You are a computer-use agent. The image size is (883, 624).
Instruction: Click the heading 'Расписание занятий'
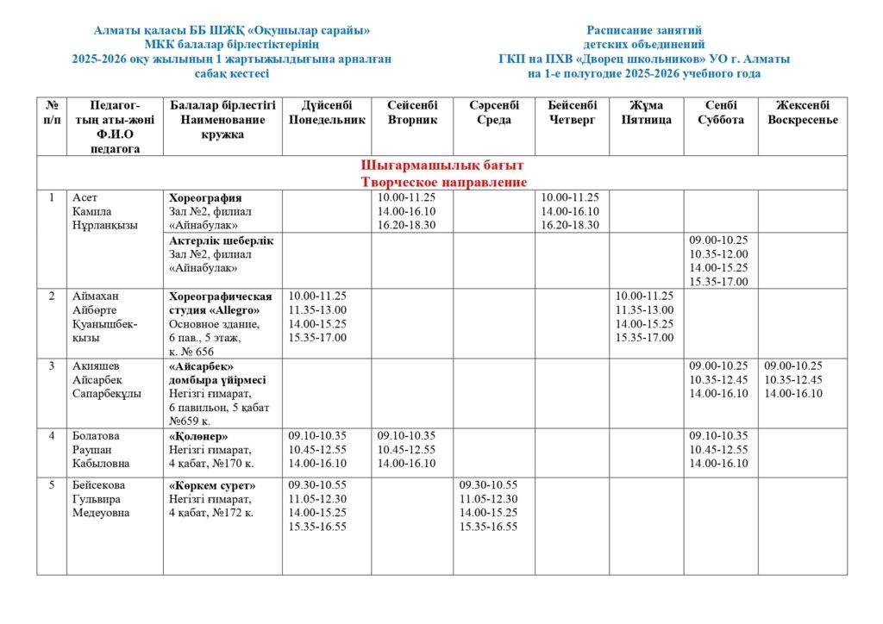pos(643,30)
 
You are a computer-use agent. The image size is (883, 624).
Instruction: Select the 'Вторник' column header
pos(413,120)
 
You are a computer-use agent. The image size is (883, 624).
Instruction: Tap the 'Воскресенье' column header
pos(802,120)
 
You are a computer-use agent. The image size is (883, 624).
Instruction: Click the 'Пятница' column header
pos(646,120)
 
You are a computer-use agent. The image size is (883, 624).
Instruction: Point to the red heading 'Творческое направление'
pos(442,182)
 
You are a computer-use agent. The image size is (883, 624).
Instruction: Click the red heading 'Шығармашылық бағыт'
pos(442,165)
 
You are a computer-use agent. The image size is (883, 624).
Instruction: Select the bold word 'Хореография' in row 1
pos(205,198)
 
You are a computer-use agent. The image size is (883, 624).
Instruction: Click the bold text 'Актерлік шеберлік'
pos(222,240)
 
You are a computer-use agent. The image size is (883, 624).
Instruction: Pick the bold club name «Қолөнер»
pos(198,436)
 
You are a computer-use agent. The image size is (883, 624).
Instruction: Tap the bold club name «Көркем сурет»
pos(211,485)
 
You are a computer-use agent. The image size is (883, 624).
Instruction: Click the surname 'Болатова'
pos(96,436)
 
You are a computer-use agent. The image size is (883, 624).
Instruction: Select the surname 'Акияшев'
pos(97,366)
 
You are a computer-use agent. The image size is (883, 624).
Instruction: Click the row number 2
pos(52,296)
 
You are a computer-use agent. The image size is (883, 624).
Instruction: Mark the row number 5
pos(52,485)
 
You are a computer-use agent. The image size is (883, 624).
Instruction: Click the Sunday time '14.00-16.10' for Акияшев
pos(793,394)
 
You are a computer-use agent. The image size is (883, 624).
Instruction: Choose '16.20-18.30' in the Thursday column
pos(570,225)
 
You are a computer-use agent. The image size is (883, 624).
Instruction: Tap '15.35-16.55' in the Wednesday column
pos(488,527)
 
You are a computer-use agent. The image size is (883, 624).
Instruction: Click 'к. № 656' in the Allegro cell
pos(191,352)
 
